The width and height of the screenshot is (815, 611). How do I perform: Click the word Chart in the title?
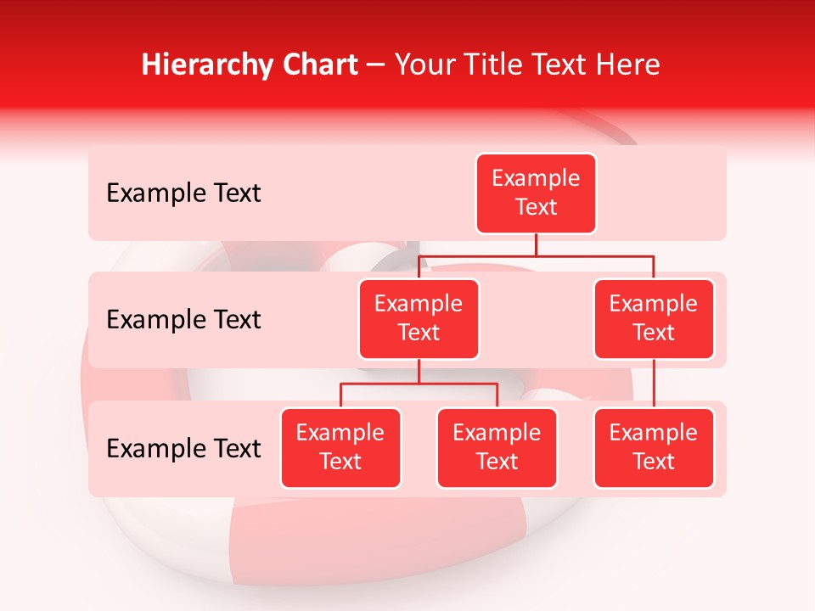click(x=319, y=65)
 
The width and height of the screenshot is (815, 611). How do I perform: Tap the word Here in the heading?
click(x=628, y=65)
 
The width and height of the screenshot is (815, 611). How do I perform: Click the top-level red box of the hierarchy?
click(x=536, y=193)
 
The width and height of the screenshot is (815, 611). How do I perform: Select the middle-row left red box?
click(x=419, y=319)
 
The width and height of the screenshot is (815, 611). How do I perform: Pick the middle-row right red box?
click(x=654, y=319)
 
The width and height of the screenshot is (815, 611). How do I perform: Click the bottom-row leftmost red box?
click(x=340, y=448)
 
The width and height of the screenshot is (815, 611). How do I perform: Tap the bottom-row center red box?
click(x=497, y=448)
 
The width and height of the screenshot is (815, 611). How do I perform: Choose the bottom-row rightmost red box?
click(x=654, y=448)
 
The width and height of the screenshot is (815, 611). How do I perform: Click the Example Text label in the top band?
click(x=183, y=193)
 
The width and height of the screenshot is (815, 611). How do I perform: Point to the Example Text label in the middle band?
click(x=183, y=320)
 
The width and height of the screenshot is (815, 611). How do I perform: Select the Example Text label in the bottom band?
click(x=183, y=449)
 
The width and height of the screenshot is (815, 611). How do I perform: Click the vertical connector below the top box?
click(x=536, y=244)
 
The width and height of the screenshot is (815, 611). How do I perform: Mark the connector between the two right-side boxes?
click(x=654, y=384)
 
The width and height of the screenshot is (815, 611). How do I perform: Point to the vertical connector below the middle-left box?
click(x=419, y=371)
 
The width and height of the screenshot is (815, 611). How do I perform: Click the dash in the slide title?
click(x=375, y=65)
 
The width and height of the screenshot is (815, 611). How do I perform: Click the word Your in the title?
click(x=420, y=65)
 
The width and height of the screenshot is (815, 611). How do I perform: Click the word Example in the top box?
click(x=536, y=179)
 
